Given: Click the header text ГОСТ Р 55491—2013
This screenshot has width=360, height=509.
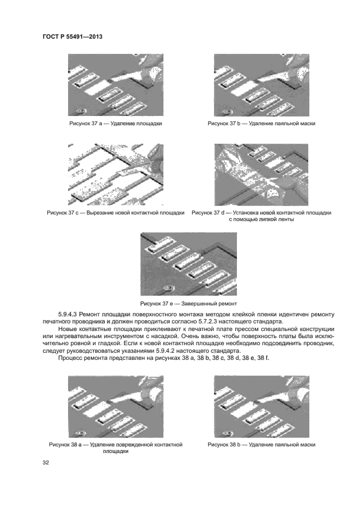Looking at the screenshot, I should coord(72,36).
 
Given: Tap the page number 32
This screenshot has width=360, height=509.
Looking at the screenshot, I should coord(45,463).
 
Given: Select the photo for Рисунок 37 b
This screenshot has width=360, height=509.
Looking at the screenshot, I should coord(261,85).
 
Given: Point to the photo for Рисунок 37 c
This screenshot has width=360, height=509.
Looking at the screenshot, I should coord(115,174).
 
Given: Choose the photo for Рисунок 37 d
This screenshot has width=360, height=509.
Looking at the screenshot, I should coord(261,174).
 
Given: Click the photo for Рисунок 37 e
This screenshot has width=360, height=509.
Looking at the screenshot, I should coord(188,264).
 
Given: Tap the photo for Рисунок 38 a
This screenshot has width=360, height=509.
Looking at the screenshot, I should coord(115,407).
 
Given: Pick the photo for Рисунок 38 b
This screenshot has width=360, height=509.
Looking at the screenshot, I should coord(261,407).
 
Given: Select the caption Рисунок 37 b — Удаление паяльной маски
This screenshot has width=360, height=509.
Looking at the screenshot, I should coord(261,124).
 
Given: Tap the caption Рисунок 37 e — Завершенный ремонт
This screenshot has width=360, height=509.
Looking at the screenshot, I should coord(188,303).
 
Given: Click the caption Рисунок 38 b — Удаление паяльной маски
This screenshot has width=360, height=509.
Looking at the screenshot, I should coord(261,444).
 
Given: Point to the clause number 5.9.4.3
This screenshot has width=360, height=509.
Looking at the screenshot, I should coord(69,315).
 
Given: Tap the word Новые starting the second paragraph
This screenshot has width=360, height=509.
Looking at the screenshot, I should coord(69,330).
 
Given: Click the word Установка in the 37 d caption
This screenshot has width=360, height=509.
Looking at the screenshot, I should coord(243,212).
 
